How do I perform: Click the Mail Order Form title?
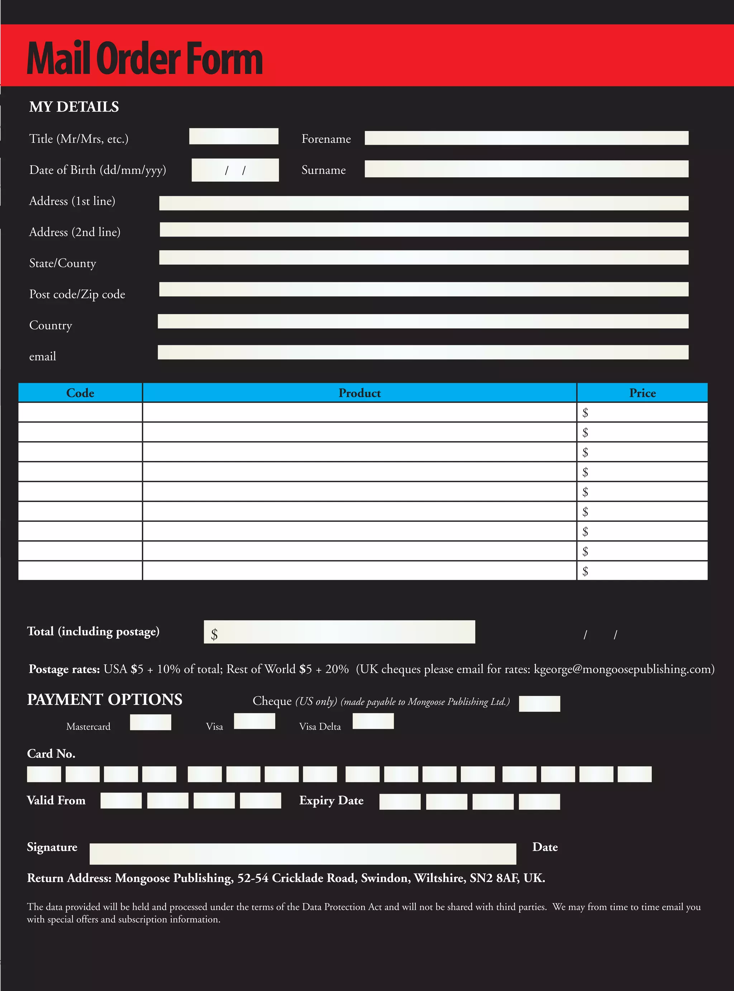(x=144, y=59)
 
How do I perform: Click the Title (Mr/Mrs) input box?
(x=234, y=136)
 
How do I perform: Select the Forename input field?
(x=526, y=138)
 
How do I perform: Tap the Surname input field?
(x=526, y=169)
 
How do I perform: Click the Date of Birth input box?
(x=235, y=170)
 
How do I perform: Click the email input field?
(x=423, y=352)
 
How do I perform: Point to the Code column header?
(x=80, y=393)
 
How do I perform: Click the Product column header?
(x=359, y=393)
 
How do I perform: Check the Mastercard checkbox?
(x=150, y=722)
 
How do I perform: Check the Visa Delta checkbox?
(x=373, y=721)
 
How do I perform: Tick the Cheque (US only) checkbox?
(x=539, y=704)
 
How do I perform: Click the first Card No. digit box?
(x=44, y=774)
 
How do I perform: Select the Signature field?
(x=302, y=854)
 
